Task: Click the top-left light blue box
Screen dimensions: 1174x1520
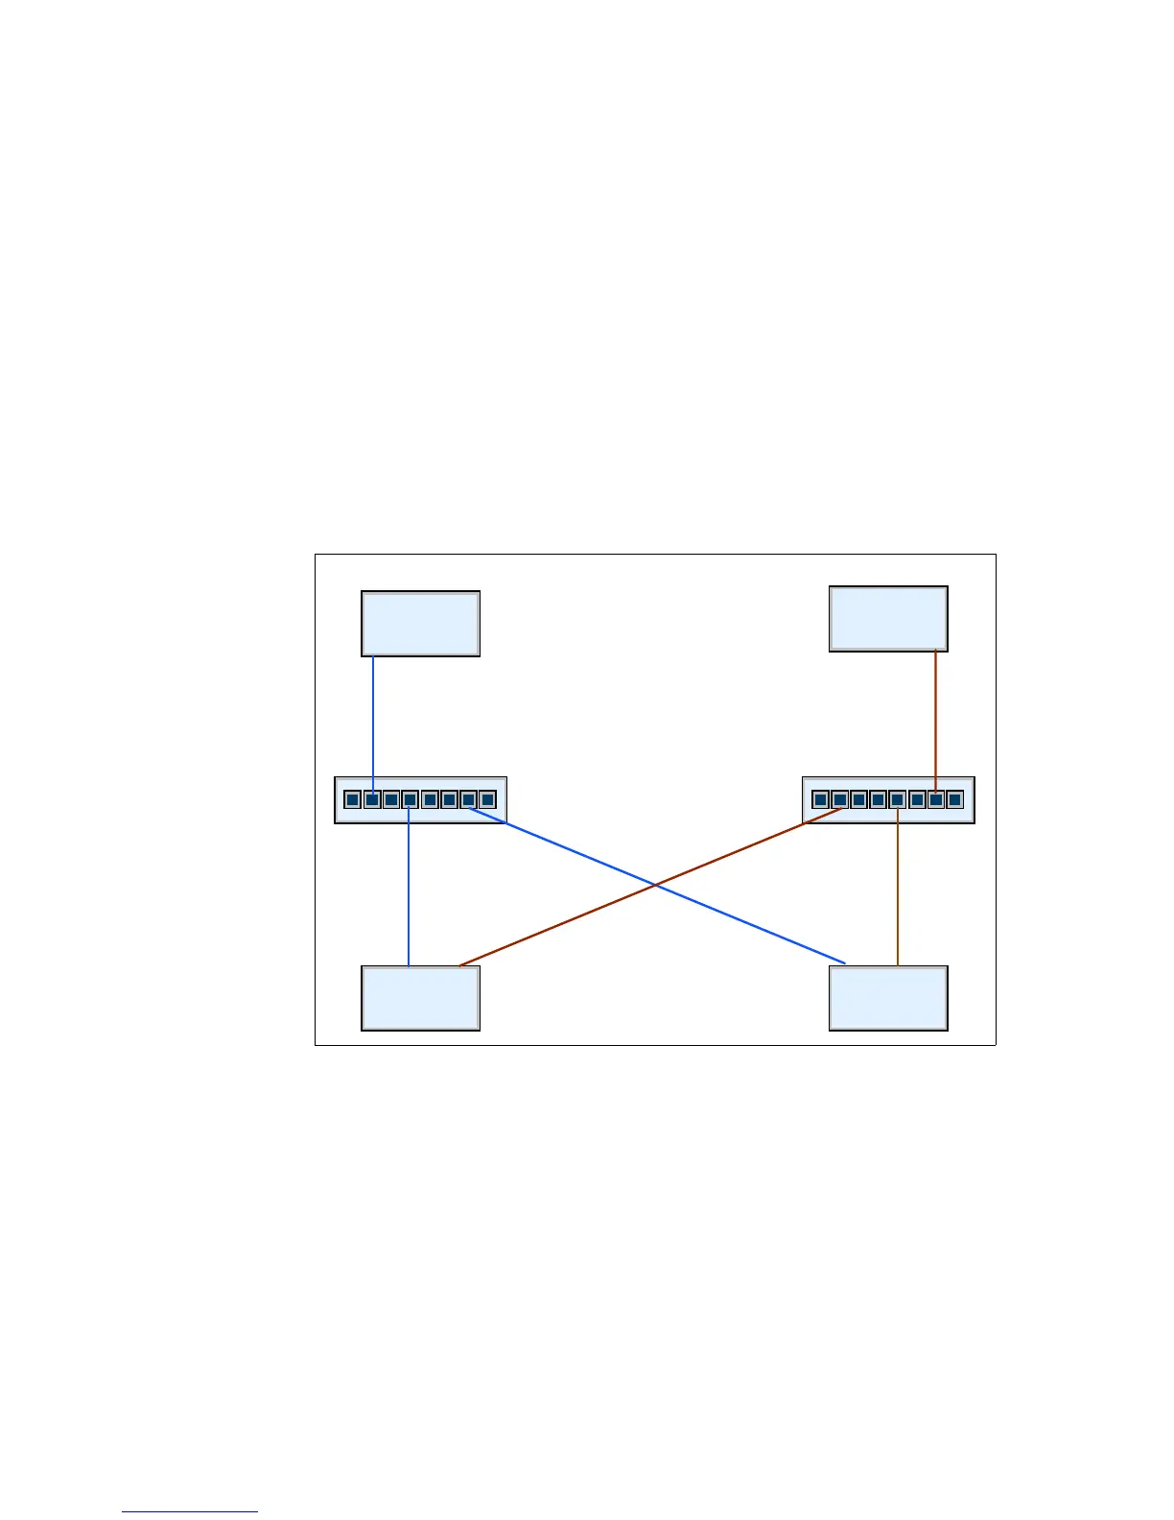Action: click(420, 624)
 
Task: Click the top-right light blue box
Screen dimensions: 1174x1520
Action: click(888, 619)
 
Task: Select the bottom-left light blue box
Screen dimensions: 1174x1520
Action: click(420, 998)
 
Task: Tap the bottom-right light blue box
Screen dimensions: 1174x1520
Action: click(888, 998)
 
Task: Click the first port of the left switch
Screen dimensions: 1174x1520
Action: click(352, 799)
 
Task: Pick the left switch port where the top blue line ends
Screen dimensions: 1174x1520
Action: click(372, 799)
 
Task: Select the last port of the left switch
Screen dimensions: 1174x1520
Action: click(487, 799)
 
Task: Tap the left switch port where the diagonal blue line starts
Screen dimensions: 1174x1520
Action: click(468, 800)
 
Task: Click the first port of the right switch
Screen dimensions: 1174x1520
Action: click(820, 799)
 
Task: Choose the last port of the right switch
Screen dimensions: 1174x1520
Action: click(954, 799)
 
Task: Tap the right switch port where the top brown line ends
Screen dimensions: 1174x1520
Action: click(935, 799)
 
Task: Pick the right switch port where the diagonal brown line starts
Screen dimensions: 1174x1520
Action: click(840, 800)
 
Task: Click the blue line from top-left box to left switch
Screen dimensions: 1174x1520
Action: click(373, 720)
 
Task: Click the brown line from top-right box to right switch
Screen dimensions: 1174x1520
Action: click(936, 715)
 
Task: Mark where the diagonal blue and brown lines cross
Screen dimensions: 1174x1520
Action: click(655, 884)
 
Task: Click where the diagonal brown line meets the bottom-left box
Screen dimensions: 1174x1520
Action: click(460, 964)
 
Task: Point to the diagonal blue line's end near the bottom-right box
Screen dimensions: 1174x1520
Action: click(844, 962)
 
